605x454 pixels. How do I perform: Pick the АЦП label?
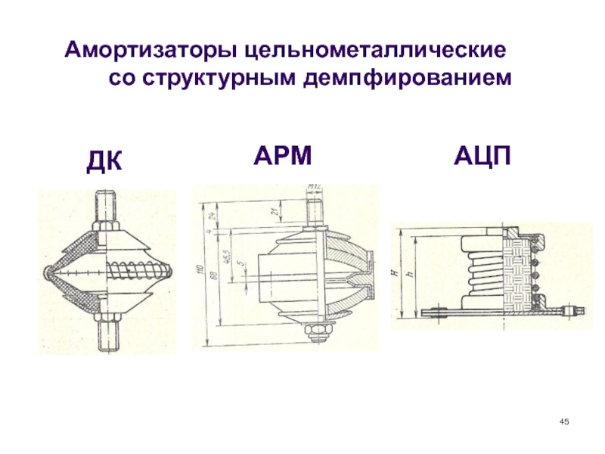pos(483,157)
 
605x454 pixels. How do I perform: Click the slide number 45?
pos(563,421)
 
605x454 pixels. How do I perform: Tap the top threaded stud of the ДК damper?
pos(106,206)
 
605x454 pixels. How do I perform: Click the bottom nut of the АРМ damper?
pos(313,331)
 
